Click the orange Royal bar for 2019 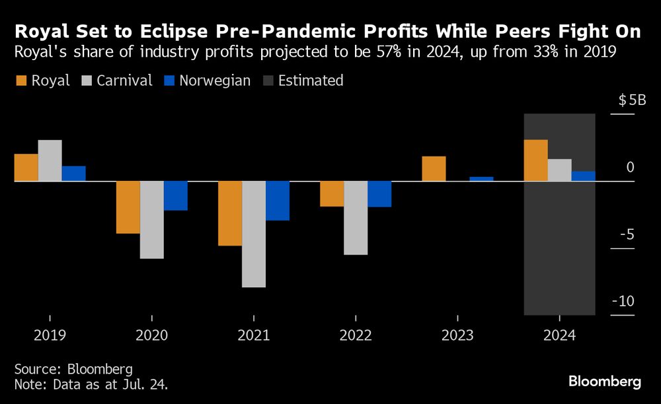coord(26,167)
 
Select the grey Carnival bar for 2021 coord(254,234)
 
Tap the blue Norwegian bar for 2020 coord(176,195)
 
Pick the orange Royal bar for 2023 coord(434,168)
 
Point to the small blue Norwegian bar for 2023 coord(481,178)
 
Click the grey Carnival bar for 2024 coord(559,170)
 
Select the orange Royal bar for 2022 coord(332,193)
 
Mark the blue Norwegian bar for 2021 coord(278,201)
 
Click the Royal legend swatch coord(21,81)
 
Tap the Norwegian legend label coord(215,81)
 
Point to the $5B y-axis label coord(632,101)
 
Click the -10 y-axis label coord(623,302)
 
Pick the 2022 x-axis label coord(356,335)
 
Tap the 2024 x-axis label coord(559,335)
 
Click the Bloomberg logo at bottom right coord(604,382)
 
